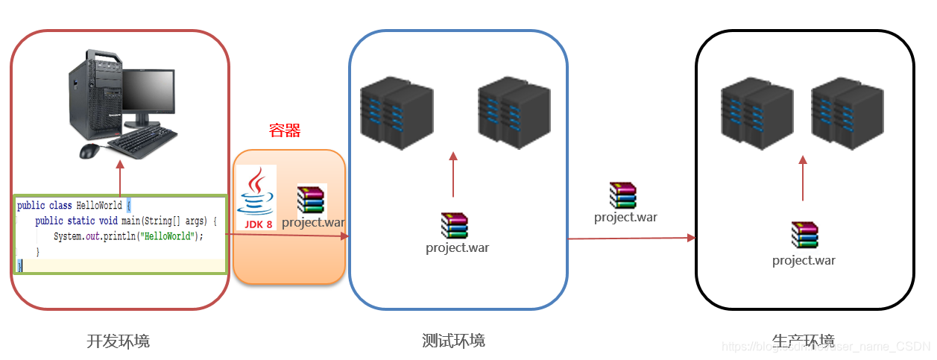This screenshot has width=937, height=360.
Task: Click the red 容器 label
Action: (x=285, y=131)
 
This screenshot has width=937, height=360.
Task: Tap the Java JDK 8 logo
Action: (x=256, y=198)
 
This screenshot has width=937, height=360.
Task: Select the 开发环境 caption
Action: (x=118, y=341)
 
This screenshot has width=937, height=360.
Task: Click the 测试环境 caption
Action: (x=453, y=341)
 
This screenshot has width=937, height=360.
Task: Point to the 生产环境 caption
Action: (x=803, y=341)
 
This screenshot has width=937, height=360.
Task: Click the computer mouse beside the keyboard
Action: (x=89, y=151)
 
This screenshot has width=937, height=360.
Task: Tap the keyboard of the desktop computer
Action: (x=142, y=141)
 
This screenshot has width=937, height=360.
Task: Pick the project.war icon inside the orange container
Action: (x=312, y=199)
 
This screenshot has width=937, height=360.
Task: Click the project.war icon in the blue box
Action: (x=454, y=226)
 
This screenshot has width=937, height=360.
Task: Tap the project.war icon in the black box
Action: (x=804, y=235)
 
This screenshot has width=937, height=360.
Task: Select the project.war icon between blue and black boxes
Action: (x=623, y=195)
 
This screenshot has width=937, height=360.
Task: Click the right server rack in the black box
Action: (x=847, y=112)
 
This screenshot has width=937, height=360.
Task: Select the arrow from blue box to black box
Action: (x=631, y=239)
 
